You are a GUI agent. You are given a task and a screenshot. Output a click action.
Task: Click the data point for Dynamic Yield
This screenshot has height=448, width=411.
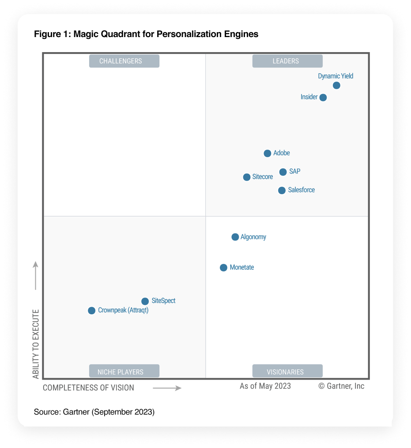pos(336,85)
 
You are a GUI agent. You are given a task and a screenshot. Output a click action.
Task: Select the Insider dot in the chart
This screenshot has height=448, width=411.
pos(323,98)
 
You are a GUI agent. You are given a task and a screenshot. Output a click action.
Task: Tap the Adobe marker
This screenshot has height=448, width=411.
pos(268,154)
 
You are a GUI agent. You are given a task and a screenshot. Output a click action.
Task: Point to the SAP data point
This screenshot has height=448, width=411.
pos(283,172)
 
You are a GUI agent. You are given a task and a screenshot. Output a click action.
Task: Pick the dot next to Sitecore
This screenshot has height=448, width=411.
pos(247,177)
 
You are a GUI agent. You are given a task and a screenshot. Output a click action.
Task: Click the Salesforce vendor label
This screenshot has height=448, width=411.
pos(302,190)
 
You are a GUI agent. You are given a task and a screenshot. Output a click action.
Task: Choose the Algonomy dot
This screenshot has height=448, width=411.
pos(235,237)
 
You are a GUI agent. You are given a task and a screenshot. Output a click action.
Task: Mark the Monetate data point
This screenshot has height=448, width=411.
pos(224,267)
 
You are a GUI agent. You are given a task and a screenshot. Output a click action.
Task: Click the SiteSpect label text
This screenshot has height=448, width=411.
pos(163,301)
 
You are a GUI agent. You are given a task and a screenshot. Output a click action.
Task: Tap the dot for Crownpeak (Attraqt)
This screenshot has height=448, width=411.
pos(92,311)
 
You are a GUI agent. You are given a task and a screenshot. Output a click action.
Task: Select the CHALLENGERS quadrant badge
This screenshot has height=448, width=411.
pos(124,61)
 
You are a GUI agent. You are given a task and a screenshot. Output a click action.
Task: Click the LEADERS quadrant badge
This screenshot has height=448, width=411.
pos(287,61)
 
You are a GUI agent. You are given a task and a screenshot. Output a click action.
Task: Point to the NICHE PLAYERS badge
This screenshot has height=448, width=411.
pos(124,372)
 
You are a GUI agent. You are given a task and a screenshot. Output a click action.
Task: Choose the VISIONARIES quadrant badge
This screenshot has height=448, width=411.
pos(287,372)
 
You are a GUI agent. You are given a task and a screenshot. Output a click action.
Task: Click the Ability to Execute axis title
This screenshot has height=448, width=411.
pos(36,344)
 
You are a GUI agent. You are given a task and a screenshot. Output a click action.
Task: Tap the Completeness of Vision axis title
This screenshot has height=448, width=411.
pos(88,388)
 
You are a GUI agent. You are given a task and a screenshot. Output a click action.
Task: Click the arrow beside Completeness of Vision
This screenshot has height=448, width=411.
pos(167,388)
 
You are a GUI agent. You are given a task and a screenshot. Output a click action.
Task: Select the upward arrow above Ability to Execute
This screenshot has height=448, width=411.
pos(36,275)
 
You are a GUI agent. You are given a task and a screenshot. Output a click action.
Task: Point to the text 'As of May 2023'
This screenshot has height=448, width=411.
pos(265,386)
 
